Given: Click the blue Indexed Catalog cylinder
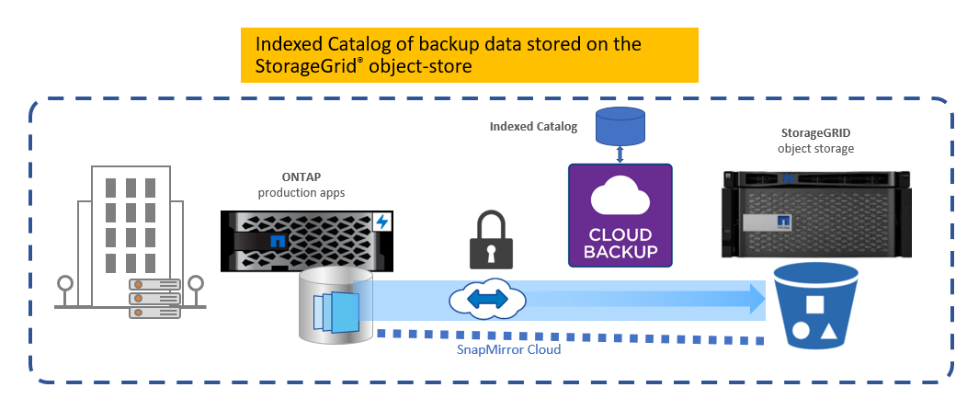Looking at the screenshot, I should (x=620, y=127).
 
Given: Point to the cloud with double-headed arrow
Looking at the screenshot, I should (x=487, y=298).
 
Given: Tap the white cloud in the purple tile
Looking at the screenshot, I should (x=620, y=195).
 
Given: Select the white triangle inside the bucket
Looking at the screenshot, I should (x=830, y=334).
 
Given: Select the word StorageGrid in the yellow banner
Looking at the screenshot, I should (x=303, y=66).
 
